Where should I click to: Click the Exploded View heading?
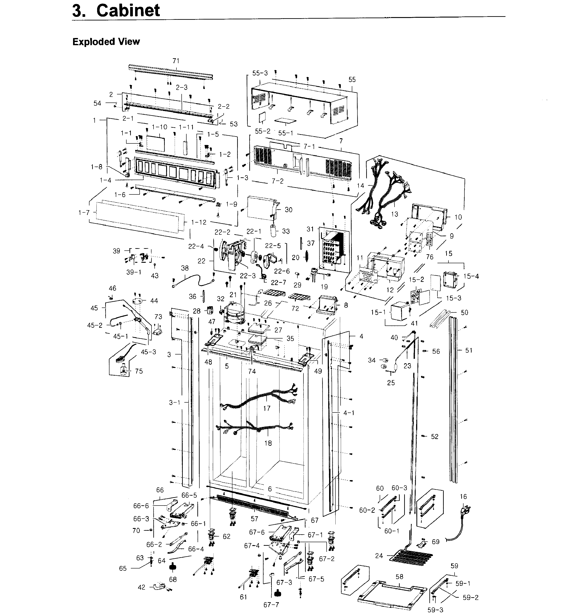pyautogui.click(x=106, y=42)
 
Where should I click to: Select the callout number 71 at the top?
pyautogui.click(x=176, y=61)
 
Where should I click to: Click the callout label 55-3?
pyautogui.click(x=260, y=73)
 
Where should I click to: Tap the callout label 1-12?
pyautogui.click(x=199, y=223)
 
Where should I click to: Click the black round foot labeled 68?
pyautogui.click(x=173, y=567)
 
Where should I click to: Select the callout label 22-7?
pyautogui.click(x=279, y=283)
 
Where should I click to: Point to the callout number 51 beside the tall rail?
pyautogui.click(x=469, y=350)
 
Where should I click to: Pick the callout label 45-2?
pyautogui.click(x=95, y=325)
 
